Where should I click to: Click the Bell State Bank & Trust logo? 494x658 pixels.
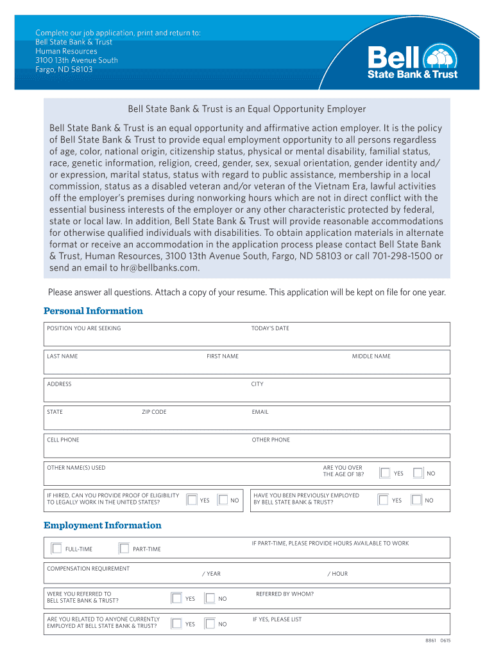pyautogui.click(x=413, y=62)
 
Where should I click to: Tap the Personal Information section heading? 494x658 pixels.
pyautogui.click(x=93, y=311)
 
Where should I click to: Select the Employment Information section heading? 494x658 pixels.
pyautogui.click(x=103, y=526)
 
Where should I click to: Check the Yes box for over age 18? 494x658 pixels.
pyautogui.click(x=385, y=473)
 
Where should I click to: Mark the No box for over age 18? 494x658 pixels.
pyautogui.click(x=418, y=473)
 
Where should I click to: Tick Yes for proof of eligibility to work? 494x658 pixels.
pyautogui.click(x=192, y=500)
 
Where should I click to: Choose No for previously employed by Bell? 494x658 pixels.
pyautogui.click(x=416, y=500)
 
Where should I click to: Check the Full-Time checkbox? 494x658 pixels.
pyautogui.click(x=56, y=549)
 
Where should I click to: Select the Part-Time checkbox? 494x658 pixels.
pyautogui.click(x=124, y=549)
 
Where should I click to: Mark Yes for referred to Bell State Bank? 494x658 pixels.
pyautogui.click(x=176, y=598)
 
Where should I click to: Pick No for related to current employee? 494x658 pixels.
pyautogui.click(x=209, y=623)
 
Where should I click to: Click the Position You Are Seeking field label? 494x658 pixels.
pyautogui.click(x=84, y=328)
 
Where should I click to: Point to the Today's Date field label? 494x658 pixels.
pyautogui.click(x=270, y=328)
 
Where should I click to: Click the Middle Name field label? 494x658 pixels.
pyautogui.click(x=371, y=356)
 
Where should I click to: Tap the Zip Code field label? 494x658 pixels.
pyautogui.click(x=154, y=412)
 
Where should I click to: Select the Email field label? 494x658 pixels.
pyautogui.click(x=260, y=412)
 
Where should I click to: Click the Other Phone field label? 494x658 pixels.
pyautogui.click(x=271, y=440)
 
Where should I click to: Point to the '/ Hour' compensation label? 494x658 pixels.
pyautogui.click(x=337, y=574)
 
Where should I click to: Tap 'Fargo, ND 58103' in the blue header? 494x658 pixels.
pyautogui.click(x=64, y=69)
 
